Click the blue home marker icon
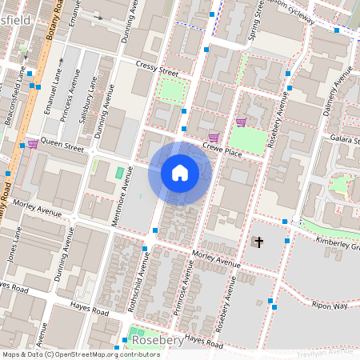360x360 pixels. pyautogui.click(x=180, y=173)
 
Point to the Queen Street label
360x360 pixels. pyautogui.click(x=62, y=147)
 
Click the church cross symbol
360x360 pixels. pyautogui.click(x=256, y=242)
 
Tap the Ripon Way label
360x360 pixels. pyautogui.click(x=329, y=306)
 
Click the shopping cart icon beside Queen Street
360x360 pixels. pyautogui.click(x=32, y=144)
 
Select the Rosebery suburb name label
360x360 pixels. pyautogui.click(x=158, y=340)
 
